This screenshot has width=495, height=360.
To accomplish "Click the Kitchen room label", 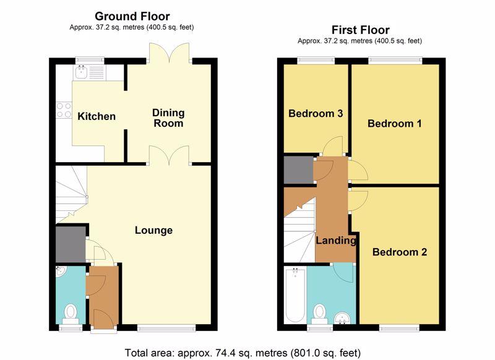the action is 97,116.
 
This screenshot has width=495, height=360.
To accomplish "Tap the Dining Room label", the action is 168,118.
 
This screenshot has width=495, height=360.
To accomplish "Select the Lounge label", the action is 153,230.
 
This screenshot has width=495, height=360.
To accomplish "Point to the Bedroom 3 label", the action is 316,113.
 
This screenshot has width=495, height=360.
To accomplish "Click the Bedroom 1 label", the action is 394,123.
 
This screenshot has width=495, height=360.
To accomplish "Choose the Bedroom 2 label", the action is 400,252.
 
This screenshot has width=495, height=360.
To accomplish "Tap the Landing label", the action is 336,241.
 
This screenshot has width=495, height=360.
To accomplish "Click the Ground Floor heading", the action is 132,16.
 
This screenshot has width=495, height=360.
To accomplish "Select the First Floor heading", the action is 361,30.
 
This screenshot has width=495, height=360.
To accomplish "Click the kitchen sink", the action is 90,72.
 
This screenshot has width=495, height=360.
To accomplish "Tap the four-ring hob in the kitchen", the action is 64,111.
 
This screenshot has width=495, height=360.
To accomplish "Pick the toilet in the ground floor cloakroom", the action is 70,314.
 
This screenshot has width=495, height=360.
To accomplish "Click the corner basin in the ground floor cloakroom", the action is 60,271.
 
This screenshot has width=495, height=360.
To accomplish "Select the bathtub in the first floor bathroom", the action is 295,295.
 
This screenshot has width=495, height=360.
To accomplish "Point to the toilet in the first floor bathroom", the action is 320,314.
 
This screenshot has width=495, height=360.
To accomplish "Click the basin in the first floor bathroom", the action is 343,318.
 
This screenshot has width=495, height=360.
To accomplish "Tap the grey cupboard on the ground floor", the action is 71,244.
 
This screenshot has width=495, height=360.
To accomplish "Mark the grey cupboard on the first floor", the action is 299,169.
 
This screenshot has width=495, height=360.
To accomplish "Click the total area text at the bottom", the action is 243,353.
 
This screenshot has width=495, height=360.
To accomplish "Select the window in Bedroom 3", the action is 316,61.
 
